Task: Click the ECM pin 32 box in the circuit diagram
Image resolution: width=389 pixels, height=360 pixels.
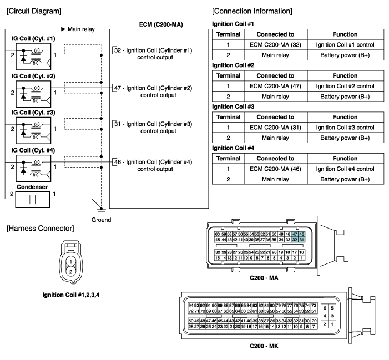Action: tap(117, 50)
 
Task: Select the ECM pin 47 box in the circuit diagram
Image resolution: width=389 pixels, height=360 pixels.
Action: tap(117, 88)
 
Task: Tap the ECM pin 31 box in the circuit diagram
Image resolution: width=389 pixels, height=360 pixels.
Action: tap(117, 124)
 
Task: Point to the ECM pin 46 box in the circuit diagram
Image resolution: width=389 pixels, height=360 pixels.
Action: tap(117, 162)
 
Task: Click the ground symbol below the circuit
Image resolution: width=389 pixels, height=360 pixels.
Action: tap(100, 210)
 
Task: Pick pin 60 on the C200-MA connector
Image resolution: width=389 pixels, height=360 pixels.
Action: tap(217, 235)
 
